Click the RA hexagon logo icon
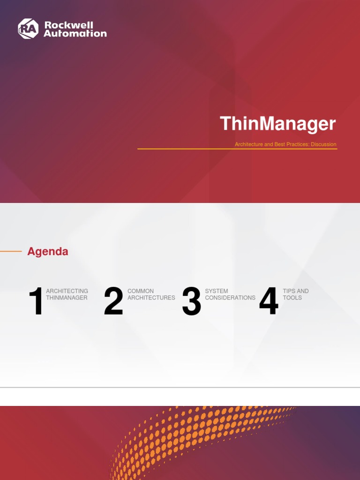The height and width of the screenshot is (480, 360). pos(28,29)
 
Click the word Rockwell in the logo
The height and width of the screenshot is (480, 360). pos(68,25)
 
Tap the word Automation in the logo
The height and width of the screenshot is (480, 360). pos(75,34)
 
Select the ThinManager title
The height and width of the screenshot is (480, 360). pos(278,124)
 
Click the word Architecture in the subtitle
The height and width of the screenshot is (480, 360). pos(248,144)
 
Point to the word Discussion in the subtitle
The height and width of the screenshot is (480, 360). pos(324,144)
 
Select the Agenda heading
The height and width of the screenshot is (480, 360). pos(48,251)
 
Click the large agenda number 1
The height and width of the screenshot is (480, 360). pos(36,301)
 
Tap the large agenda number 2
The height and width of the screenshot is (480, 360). pos(113,301)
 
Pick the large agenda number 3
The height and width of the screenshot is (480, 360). pos(191,301)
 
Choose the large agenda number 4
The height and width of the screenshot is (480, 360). pos(269,301)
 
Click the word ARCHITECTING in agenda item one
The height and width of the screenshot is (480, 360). pos(67,291)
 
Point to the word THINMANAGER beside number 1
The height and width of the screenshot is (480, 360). pos(67,298)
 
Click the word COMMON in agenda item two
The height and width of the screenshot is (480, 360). pos(141,291)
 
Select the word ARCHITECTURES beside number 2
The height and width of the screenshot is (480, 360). pos(151,298)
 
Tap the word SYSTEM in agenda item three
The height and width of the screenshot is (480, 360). pos(217,291)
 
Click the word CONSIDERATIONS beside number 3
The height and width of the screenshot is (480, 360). pos(230,298)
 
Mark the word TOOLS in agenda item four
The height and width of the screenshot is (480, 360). pos(292,298)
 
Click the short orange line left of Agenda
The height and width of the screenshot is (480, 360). pos(11,251)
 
